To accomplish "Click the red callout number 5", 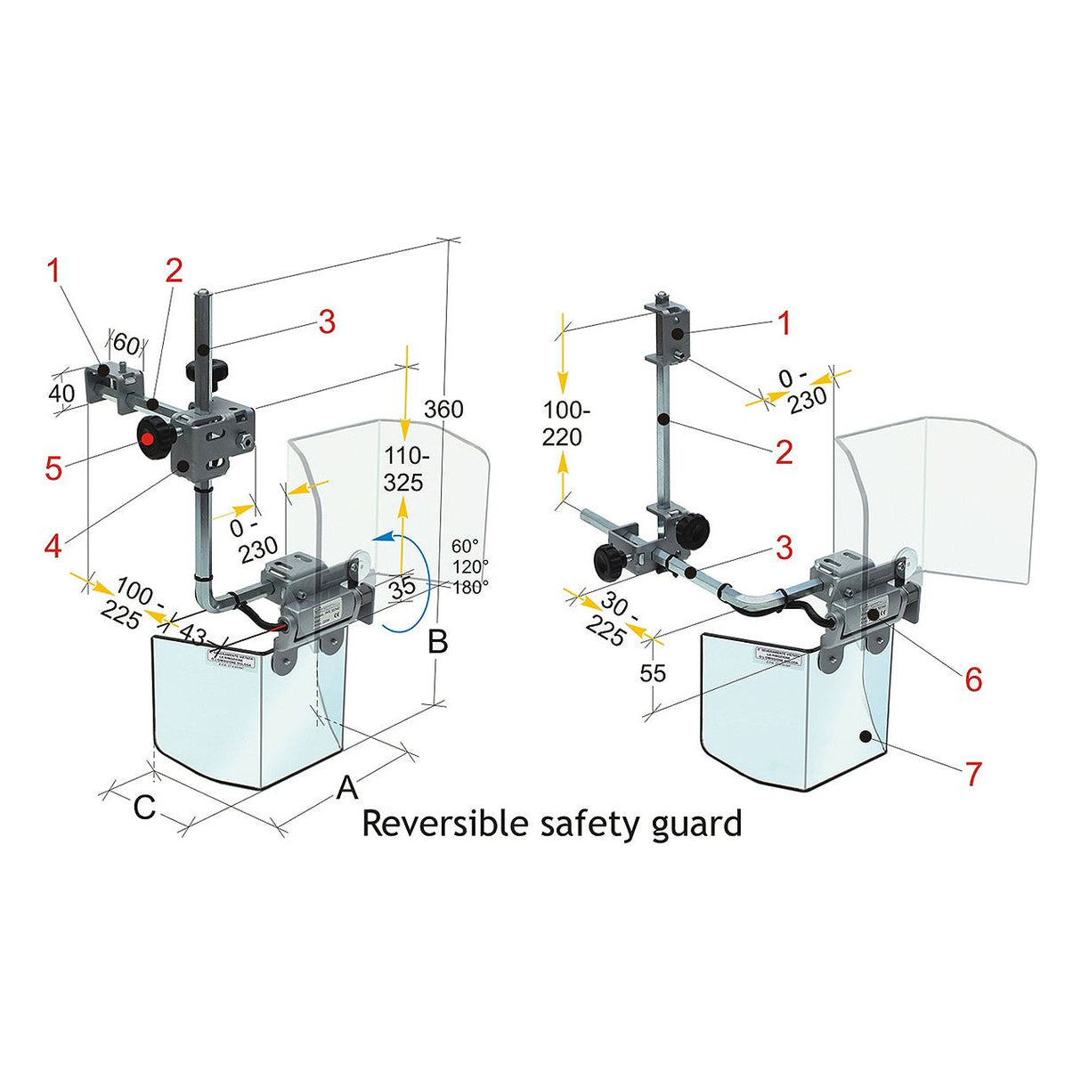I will point(53,467).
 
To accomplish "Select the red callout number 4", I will point(53,545).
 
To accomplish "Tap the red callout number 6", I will point(973,679).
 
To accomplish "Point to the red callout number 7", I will point(973,773).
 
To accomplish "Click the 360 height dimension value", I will point(443,409).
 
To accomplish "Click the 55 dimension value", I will point(653,673).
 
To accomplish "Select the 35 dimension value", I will point(402,587).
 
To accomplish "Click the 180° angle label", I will point(469,587).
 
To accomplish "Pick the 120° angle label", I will point(469,566).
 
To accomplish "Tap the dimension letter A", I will point(347,787).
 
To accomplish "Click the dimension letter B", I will point(438,641).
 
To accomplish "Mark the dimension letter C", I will point(144,808).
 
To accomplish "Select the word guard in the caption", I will point(695,824).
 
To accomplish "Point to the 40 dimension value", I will point(61,393).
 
